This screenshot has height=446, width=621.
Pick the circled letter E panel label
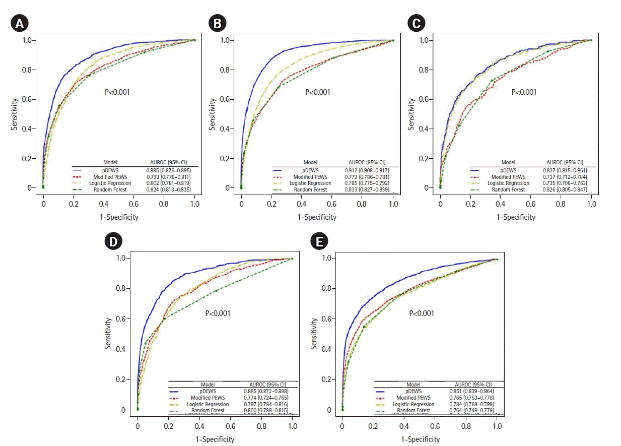tap(318, 241)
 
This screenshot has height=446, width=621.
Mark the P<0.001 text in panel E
tap(422, 313)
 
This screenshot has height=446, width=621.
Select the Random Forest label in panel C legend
tap(508, 189)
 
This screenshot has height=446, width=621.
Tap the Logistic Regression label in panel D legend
tap(208, 404)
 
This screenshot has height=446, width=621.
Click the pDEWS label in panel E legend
tap(413, 391)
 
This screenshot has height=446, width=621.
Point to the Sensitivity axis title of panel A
tap(15, 114)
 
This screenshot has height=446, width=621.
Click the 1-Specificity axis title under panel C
tap(516, 217)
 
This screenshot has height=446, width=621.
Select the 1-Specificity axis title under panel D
tap(215, 439)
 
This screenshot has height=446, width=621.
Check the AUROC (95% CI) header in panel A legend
tap(170, 162)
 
